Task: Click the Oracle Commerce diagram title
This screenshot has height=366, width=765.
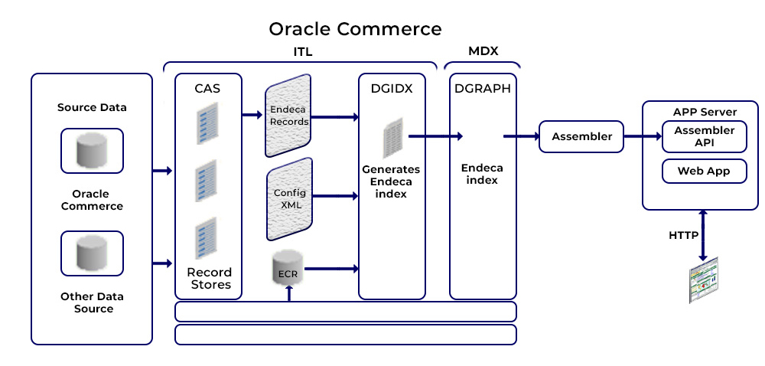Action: point(355,29)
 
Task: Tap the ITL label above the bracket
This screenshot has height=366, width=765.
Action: point(302,52)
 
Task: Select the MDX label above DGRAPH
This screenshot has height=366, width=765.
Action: point(483,51)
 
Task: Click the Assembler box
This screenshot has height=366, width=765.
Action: point(581,136)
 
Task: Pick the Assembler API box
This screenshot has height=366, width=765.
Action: point(704,136)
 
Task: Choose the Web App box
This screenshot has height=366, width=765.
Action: point(704,172)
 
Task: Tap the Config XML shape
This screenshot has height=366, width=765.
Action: point(290,199)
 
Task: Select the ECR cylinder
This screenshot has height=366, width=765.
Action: point(288,267)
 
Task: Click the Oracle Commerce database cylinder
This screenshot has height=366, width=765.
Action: point(92,150)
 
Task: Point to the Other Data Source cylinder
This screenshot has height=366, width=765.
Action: point(92,253)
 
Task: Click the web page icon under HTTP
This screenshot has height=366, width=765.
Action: point(703,280)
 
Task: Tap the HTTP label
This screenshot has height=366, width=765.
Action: point(683,235)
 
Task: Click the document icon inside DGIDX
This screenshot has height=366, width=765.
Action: point(392,138)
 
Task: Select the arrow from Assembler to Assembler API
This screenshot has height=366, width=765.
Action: point(643,136)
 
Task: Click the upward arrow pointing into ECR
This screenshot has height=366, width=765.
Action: point(289,292)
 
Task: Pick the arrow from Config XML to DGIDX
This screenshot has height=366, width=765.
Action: point(336,196)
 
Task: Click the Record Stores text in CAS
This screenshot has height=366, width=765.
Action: point(210,278)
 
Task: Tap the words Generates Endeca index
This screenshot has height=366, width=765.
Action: point(390,181)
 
